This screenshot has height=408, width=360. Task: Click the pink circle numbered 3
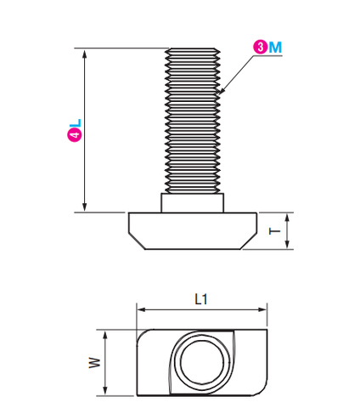tap(260, 47)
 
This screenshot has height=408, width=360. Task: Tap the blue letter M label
tap(275, 48)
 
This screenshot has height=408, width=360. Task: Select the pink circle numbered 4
tap(75, 134)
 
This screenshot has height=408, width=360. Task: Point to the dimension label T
tap(274, 231)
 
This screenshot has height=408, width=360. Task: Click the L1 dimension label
tap(201, 299)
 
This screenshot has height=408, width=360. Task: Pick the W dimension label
tap(94, 363)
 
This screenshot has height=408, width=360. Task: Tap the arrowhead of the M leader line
tap(222, 91)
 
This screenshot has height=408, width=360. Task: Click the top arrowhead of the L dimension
tap(84, 54)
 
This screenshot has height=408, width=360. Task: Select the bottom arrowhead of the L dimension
tap(84, 207)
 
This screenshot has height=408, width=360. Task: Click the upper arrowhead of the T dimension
tap(287, 218)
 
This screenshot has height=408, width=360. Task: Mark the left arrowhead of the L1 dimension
tap(142, 309)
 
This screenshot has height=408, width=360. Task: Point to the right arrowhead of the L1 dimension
tap(262, 309)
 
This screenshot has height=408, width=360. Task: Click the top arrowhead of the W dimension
tap(105, 335)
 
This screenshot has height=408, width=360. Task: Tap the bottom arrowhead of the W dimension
tap(105, 390)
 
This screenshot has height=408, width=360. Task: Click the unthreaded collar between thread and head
tap(193, 203)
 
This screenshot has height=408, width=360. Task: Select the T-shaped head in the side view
tap(193, 231)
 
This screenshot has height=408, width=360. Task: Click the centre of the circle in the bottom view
tap(202, 362)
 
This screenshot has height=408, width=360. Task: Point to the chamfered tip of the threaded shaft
tap(193, 50)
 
